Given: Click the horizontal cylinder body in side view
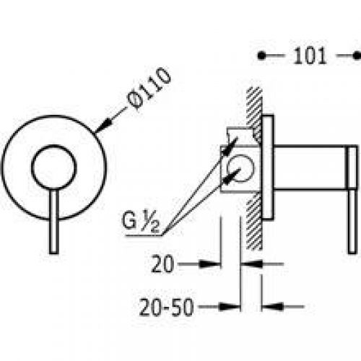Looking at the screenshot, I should coord(310,168).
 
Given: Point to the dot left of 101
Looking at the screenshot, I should coord(263,55).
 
